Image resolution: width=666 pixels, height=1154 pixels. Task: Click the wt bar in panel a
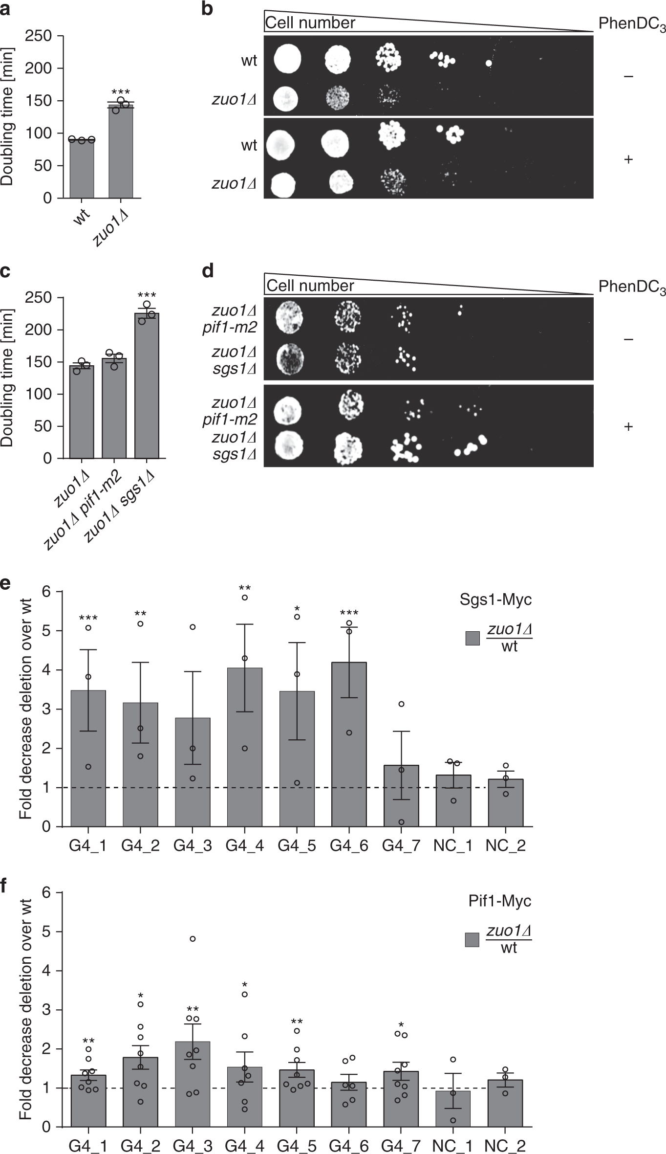[x=82, y=169]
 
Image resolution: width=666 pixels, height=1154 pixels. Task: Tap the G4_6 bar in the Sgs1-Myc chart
[x=349, y=743]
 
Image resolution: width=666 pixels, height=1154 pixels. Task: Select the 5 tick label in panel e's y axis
[x=46, y=631]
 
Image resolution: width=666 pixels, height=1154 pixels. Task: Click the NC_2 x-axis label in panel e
[x=505, y=845]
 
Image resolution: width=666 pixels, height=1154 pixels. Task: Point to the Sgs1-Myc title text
[x=495, y=599]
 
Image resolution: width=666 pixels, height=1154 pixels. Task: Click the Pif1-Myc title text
[x=499, y=901]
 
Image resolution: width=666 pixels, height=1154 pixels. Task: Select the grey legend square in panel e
[x=473, y=638]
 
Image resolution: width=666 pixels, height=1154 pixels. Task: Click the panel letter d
[x=208, y=270]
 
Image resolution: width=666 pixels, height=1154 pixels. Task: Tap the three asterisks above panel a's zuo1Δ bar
[x=121, y=92]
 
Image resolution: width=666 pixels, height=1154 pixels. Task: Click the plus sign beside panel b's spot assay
[x=628, y=159]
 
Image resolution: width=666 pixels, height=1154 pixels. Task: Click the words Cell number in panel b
[x=310, y=23]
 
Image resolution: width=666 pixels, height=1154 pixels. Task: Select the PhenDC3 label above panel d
[x=631, y=287]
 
